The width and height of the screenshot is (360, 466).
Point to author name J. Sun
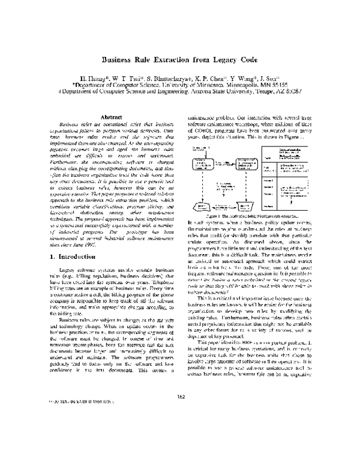[268, 77]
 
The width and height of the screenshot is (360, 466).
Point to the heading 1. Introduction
[75, 273]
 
